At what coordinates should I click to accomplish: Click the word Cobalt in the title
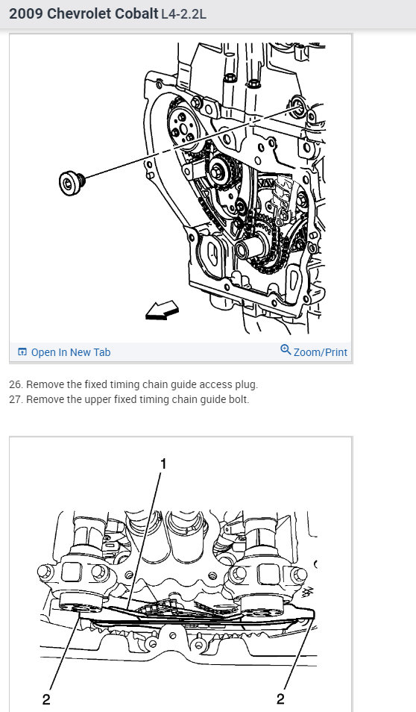point(136,13)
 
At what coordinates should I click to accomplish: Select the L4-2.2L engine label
point(183,14)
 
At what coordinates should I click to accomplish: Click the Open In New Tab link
point(71,352)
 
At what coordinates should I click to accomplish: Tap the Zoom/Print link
point(321,352)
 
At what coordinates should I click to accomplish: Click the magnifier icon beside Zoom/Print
point(286,349)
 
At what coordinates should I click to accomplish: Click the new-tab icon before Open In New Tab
point(22,352)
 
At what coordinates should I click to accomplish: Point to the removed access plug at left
point(72,183)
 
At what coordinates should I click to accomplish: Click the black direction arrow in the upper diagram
point(162,310)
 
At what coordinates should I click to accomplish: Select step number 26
point(16,384)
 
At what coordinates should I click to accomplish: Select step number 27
point(16,399)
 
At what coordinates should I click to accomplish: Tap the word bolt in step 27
point(239,399)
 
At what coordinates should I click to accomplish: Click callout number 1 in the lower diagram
point(163,463)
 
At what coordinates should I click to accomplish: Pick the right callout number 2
point(280,699)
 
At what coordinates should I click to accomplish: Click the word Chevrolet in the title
point(79,13)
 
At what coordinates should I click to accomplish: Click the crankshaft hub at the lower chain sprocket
point(248,249)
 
